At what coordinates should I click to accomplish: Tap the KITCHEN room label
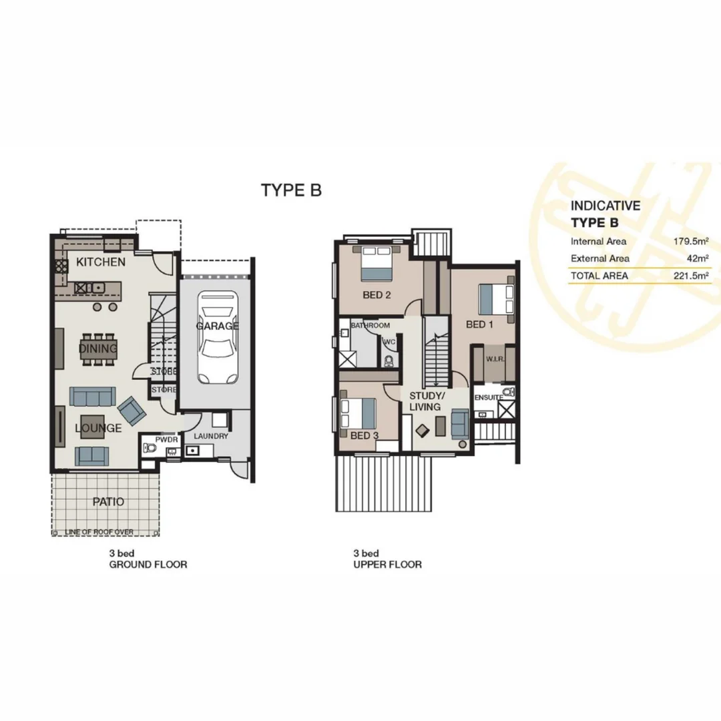point(101,262)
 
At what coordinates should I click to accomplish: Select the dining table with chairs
point(98,348)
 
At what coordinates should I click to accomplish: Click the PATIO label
point(108,501)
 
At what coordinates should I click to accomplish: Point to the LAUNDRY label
point(212,437)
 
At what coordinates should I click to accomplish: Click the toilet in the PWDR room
point(149,451)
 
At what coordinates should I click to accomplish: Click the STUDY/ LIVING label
point(425,401)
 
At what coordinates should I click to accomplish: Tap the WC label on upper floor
point(389,341)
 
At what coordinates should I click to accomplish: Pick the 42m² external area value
point(697,258)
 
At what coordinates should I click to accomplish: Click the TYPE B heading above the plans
point(291,190)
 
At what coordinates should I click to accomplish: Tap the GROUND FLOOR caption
point(148,565)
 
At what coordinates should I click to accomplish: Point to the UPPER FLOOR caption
point(387,565)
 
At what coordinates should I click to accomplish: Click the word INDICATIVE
point(605,206)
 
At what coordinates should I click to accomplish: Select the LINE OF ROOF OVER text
point(100,532)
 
